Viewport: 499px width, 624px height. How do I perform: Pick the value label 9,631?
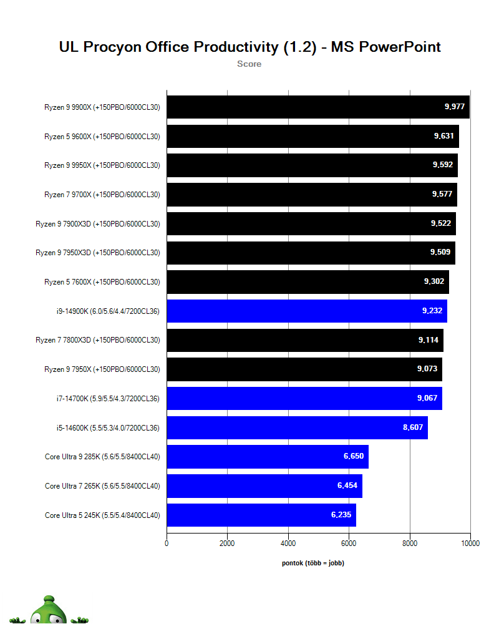tap(443, 136)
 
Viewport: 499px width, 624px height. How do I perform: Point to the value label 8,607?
tap(413, 427)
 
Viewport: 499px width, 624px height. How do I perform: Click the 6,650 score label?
tap(354, 457)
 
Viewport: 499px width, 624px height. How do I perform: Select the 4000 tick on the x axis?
tap(288, 544)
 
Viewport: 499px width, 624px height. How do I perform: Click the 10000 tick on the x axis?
tap(470, 544)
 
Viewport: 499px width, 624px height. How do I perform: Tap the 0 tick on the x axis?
tap(167, 544)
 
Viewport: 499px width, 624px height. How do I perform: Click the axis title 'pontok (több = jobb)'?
tap(313, 563)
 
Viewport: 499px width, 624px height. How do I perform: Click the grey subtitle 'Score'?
tap(249, 64)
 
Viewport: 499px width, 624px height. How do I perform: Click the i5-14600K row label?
tap(108, 427)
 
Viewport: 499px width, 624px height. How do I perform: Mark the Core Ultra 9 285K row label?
tap(102, 457)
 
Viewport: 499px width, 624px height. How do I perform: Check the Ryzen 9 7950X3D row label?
tap(97, 253)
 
